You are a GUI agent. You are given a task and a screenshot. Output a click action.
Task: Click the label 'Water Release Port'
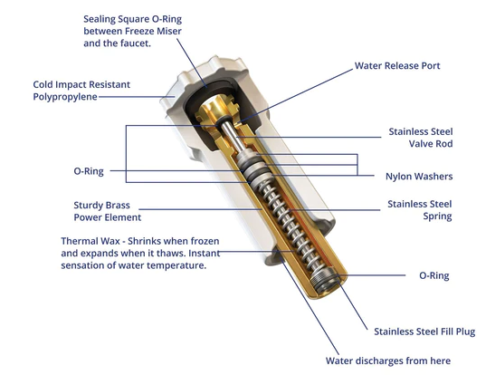click(397, 66)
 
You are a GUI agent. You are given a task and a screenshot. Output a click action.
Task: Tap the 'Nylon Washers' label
click(419, 177)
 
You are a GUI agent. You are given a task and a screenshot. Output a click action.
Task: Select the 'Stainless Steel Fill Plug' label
click(424, 332)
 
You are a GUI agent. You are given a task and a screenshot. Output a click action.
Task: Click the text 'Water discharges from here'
click(388, 361)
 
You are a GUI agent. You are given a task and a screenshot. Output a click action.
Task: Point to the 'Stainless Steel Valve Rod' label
click(421, 138)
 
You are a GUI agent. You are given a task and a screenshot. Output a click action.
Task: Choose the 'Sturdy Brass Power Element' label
click(107, 211)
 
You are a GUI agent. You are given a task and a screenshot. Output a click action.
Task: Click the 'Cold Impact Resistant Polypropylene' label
click(81, 91)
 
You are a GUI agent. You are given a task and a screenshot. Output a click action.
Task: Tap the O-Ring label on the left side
click(89, 171)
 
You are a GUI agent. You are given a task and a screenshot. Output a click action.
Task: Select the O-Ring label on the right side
click(434, 275)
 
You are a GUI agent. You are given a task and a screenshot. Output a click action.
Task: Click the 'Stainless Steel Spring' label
click(420, 210)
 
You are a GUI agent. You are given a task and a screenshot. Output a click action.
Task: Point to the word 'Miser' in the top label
click(169, 31)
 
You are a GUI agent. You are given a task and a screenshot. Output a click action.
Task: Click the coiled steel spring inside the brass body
click(285, 218)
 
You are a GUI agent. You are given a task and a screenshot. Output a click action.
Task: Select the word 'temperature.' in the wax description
click(176, 265)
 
